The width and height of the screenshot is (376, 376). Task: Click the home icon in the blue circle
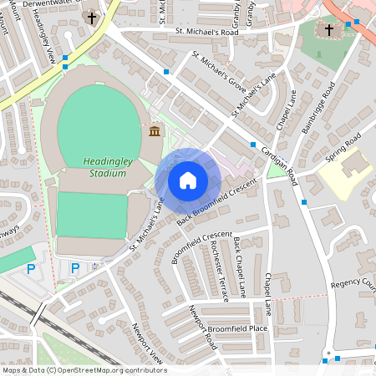coord(188,180)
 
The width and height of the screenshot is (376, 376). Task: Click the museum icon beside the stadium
coord(155,131)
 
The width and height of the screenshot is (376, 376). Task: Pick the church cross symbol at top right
coord(328,30)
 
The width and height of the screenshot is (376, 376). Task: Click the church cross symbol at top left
coord(91,18)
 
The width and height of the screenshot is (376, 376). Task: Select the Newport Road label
coord(202,329)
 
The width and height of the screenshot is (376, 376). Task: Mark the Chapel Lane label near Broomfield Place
coord(268,294)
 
